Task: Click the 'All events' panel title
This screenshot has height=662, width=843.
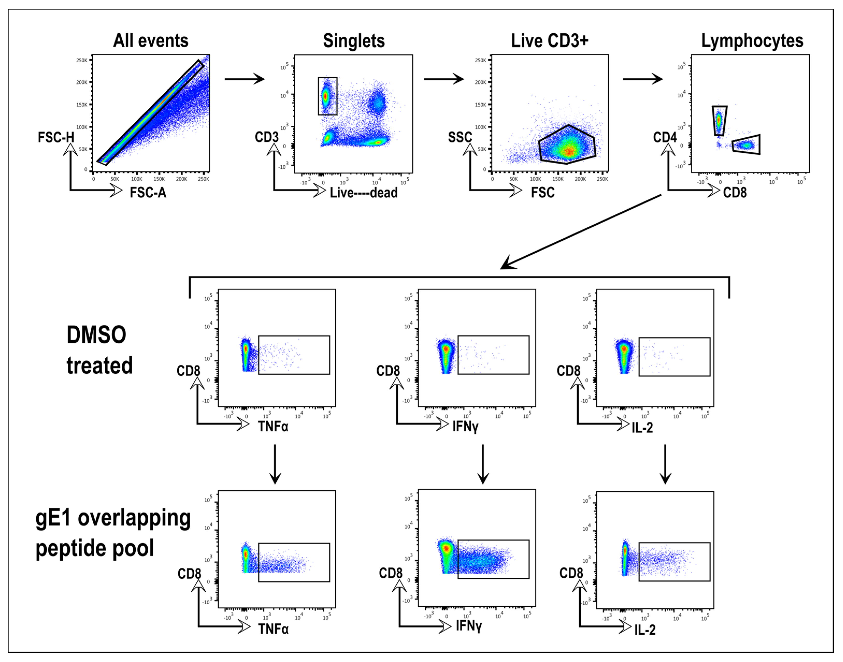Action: [150, 41]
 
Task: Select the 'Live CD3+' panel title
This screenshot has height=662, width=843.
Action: [550, 41]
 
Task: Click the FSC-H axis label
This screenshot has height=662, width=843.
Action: [56, 137]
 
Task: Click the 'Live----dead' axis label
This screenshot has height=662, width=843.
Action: [363, 193]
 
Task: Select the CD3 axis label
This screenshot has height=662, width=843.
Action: [266, 137]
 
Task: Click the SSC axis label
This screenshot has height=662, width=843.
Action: [460, 137]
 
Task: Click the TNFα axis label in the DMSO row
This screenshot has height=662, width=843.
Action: [273, 426]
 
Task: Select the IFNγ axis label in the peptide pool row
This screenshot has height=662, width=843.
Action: [469, 626]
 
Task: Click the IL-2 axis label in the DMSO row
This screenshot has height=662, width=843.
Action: [642, 427]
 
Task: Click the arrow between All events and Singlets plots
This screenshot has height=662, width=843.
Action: [244, 79]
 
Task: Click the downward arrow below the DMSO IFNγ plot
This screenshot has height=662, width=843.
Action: [482, 464]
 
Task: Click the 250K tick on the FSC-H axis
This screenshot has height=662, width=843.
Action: [81, 61]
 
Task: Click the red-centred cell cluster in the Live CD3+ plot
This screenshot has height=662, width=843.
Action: [569, 151]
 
